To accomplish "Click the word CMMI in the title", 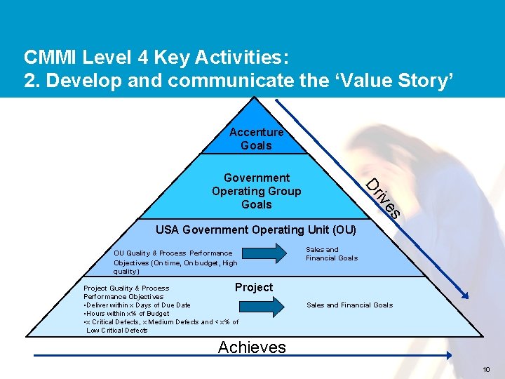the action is pyautogui.click(x=48, y=56).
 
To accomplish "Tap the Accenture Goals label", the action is pyautogui.click(x=256, y=139).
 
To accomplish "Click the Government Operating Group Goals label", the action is pyautogui.click(x=257, y=191).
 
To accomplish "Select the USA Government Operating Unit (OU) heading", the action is pyautogui.click(x=256, y=230).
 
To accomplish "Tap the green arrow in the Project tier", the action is pyautogui.click(x=263, y=305).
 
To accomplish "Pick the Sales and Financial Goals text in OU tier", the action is pyautogui.click(x=331, y=253).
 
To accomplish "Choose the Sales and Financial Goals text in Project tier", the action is pyautogui.click(x=349, y=305).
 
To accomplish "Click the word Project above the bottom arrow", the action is pyautogui.click(x=254, y=287).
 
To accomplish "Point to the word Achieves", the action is pyautogui.click(x=252, y=347).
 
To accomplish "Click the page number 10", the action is pyautogui.click(x=487, y=370).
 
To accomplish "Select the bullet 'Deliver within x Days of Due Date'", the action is pyautogui.click(x=137, y=305).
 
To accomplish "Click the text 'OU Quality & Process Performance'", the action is pyautogui.click(x=173, y=253).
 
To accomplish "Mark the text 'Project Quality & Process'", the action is pyautogui.click(x=126, y=288).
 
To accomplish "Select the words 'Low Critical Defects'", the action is pyautogui.click(x=117, y=331).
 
